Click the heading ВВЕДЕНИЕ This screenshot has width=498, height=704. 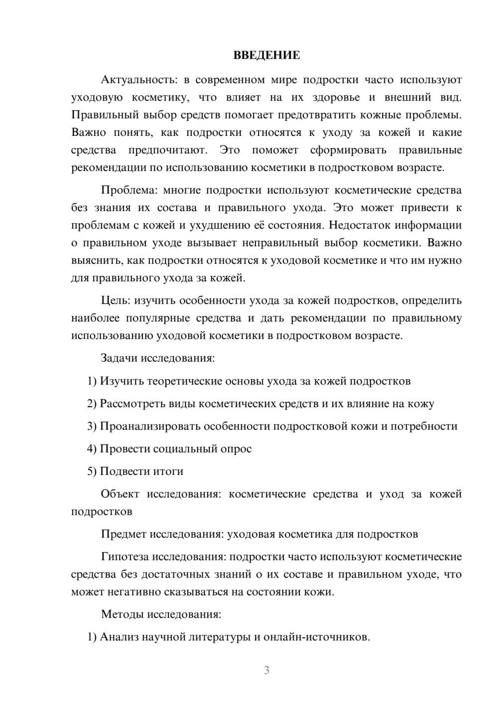266,55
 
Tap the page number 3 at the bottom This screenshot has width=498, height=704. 266,670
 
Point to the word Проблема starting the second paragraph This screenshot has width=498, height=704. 129,190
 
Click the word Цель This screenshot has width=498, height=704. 116,301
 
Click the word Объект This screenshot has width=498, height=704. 120,494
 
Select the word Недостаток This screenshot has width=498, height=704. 360,225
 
